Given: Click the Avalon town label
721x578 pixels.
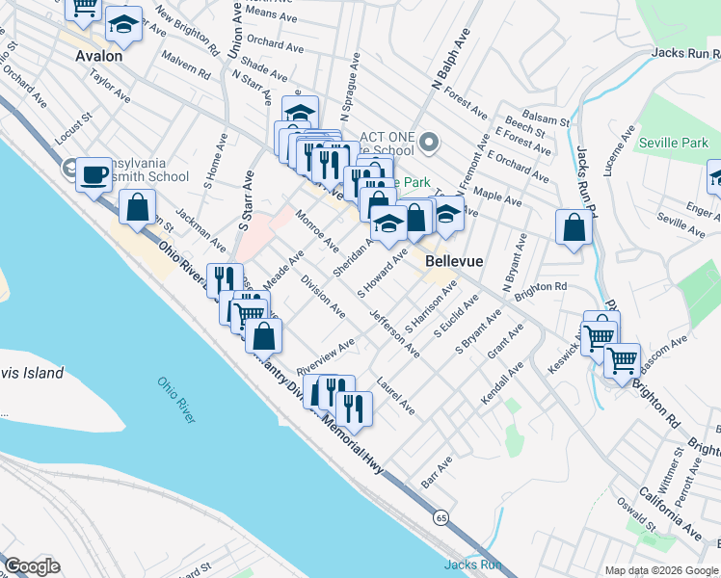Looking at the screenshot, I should click(x=99, y=56).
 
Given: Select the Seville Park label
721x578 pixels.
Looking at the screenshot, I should click(x=673, y=143).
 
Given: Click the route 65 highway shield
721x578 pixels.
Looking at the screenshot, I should click(x=440, y=517).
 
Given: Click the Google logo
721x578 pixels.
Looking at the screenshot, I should click(x=32, y=566).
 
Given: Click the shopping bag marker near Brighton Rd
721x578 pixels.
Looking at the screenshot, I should click(x=574, y=229).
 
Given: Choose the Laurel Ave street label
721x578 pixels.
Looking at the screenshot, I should click(x=396, y=396).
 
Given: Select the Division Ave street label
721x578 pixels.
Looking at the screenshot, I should click(x=323, y=296).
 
